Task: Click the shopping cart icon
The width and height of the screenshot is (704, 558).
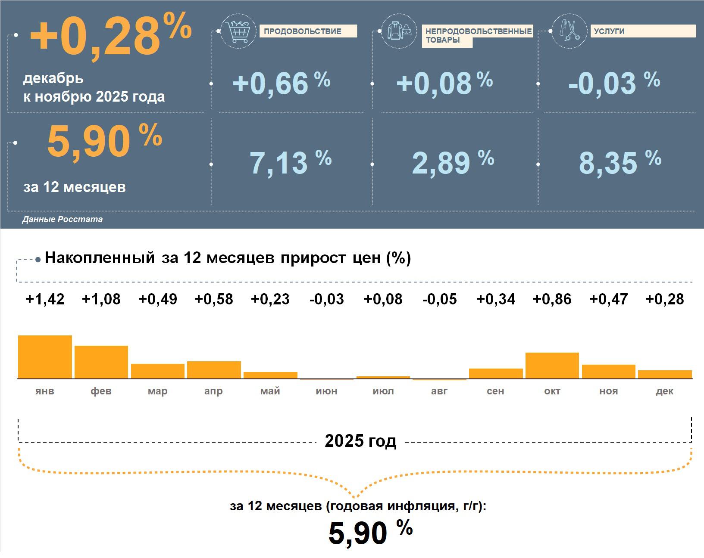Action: pyautogui.click(x=238, y=31)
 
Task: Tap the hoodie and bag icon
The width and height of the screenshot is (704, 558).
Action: pyautogui.click(x=399, y=31)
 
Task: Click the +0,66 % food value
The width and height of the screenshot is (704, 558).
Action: pyautogui.click(x=281, y=83)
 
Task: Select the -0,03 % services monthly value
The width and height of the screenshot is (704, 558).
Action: pyautogui.click(x=614, y=83)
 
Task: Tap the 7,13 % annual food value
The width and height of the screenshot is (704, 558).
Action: pyautogui.click(x=291, y=163)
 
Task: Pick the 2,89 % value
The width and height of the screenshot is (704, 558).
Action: pyautogui.click(x=453, y=163)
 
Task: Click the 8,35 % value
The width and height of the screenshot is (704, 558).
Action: pyautogui.click(x=620, y=163)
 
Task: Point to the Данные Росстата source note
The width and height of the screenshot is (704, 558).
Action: pyautogui.click(x=63, y=220)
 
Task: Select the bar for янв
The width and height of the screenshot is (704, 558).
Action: pyautogui.click(x=45, y=357)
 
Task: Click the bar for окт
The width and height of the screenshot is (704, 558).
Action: pyautogui.click(x=552, y=366)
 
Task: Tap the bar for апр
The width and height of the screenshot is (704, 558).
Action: pyautogui.click(x=214, y=370)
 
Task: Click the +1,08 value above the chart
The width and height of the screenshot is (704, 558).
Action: pyautogui.click(x=101, y=299)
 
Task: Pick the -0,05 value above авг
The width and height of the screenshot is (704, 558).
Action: pyautogui.click(x=439, y=299)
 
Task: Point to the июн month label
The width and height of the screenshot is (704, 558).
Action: pyautogui.click(x=326, y=391)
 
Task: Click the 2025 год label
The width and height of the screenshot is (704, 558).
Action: pyautogui.click(x=360, y=441)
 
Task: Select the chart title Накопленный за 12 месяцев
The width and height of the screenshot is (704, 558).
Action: pyautogui.click(x=228, y=258)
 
